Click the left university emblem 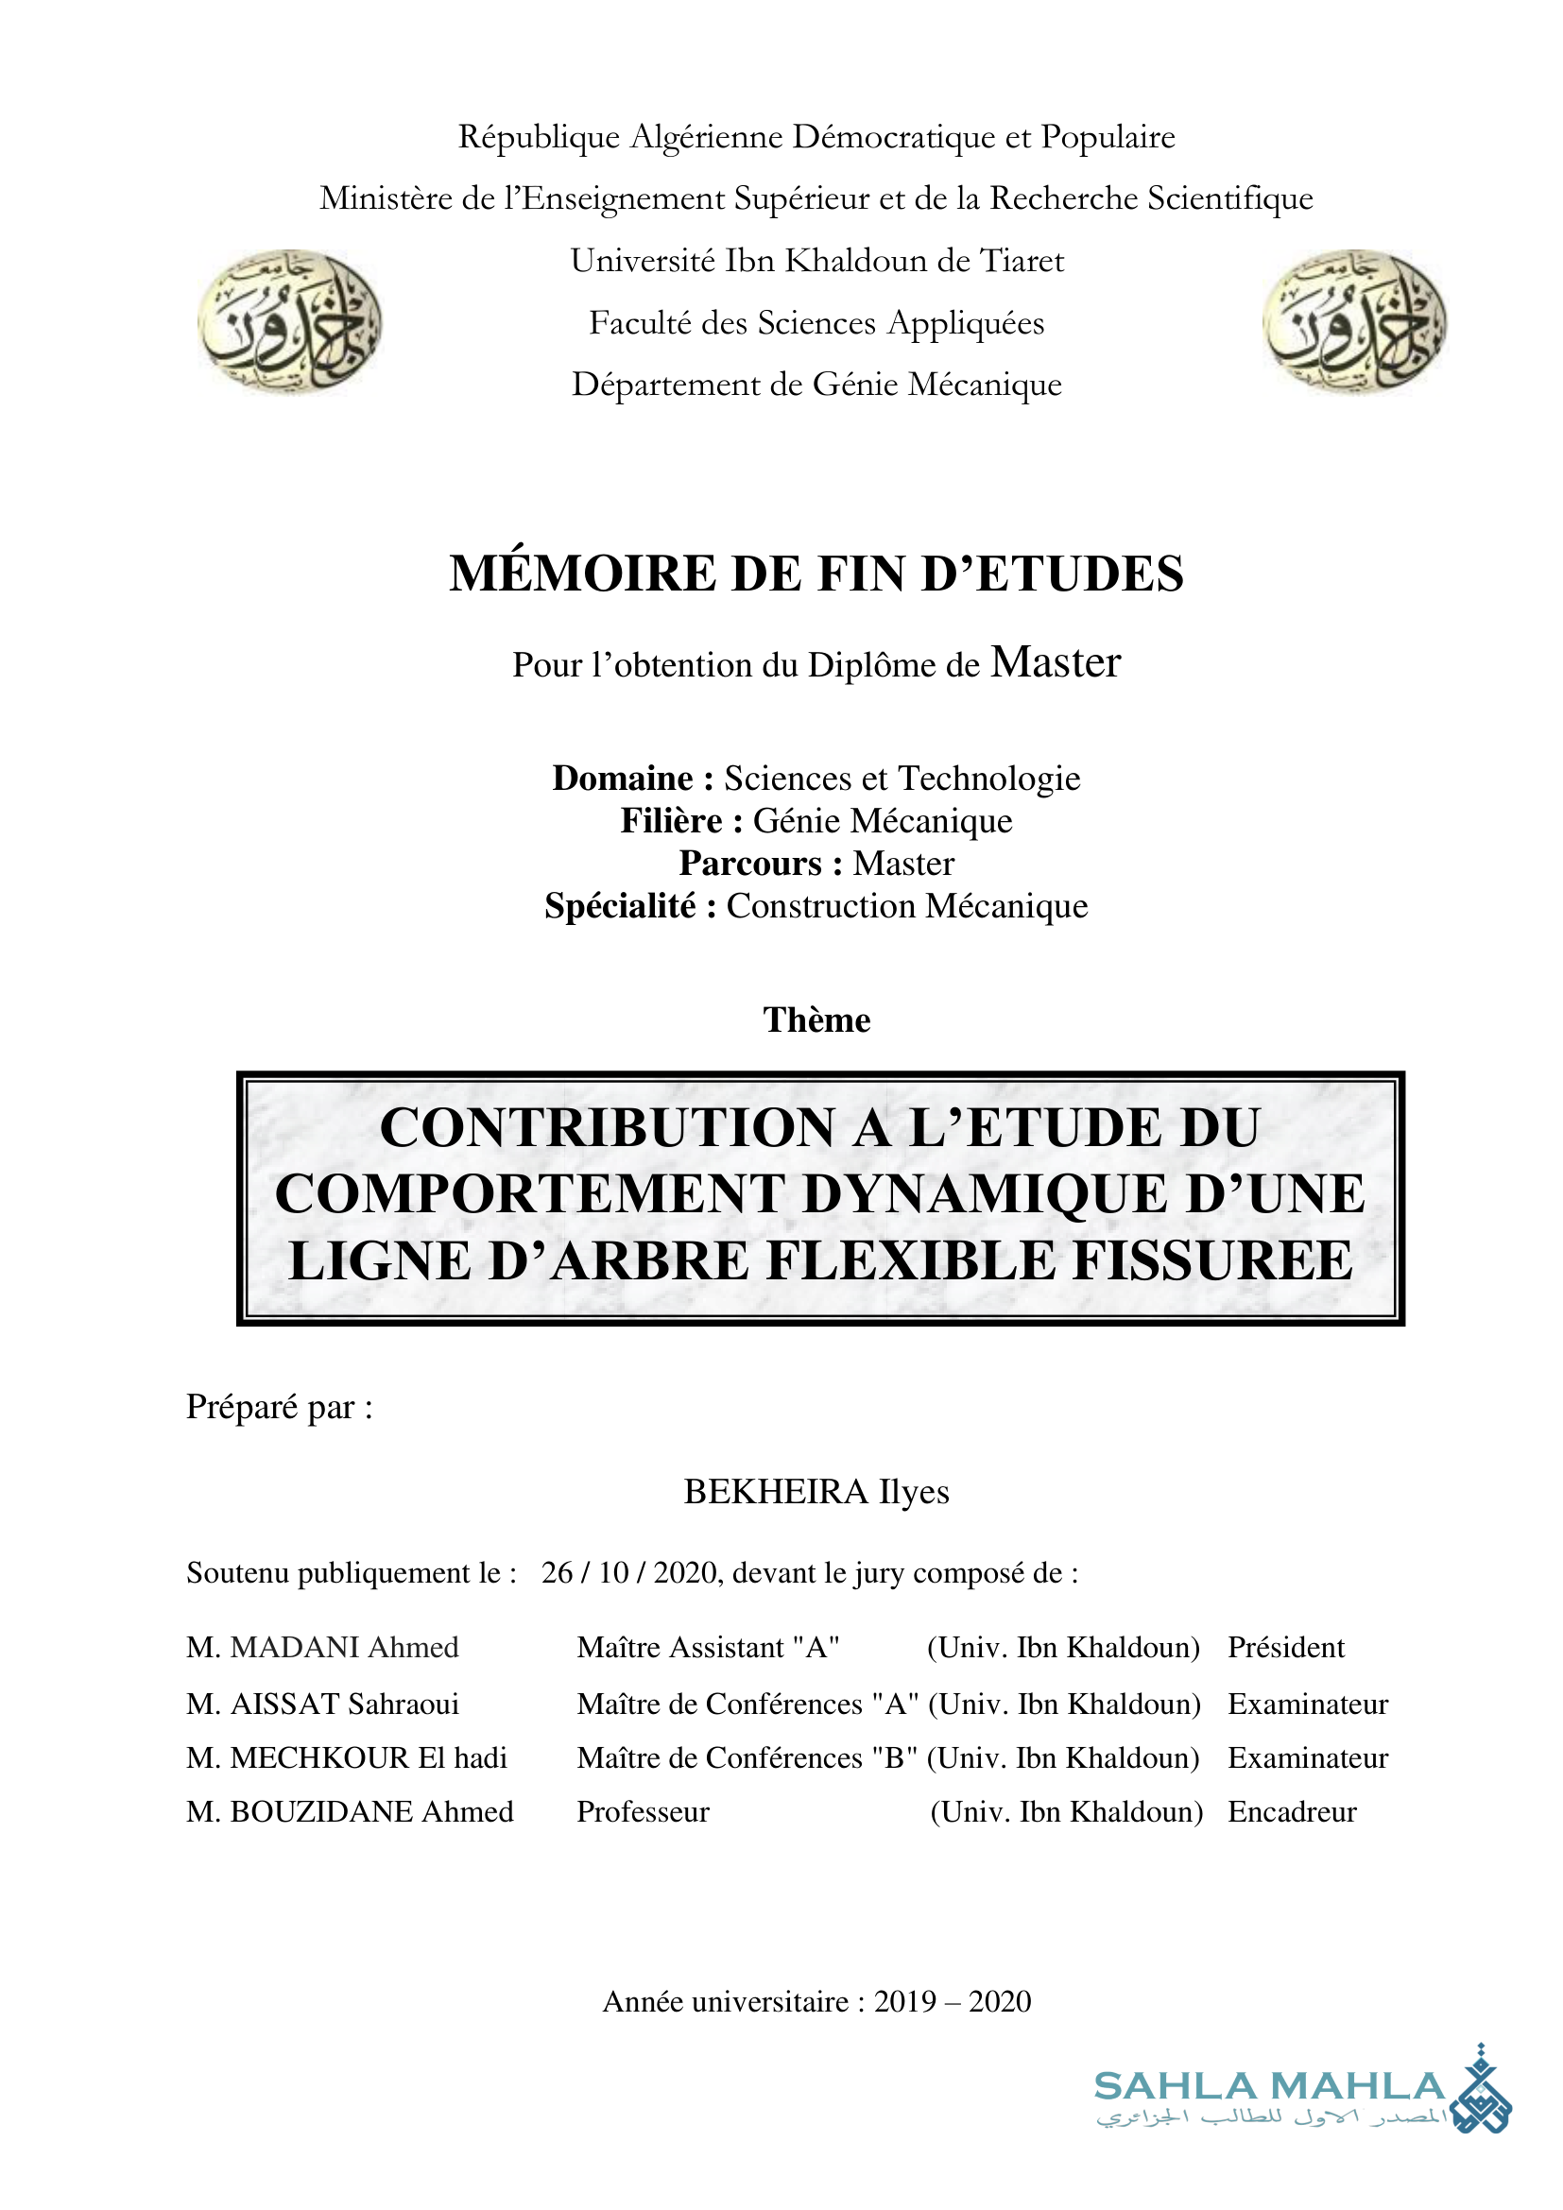click(x=290, y=320)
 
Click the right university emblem click(x=1354, y=320)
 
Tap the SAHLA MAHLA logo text click(x=1269, y=2087)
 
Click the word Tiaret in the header click(x=1022, y=261)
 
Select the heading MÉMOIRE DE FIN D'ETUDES click(x=816, y=574)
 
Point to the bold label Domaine click(x=623, y=778)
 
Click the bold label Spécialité click(x=620, y=906)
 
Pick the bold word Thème click(x=816, y=1019)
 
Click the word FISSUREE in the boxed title click(x=1212, y=1260)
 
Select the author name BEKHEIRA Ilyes click(x=816, y=1491)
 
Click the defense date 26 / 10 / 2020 click(x=631, y=1573)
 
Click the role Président click(x=1286, y=1647)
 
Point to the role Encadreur click(x=1292, y=1811)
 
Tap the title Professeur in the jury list click(x=643, y=1811)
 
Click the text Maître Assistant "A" click(x=709, y=1647)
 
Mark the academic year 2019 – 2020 click(x=952, y=2001)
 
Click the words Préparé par click(x=279, y=1407)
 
